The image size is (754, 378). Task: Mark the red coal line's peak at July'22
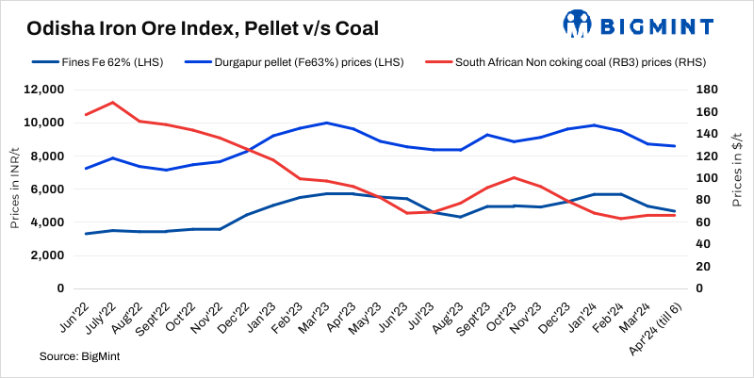tap(113, 102)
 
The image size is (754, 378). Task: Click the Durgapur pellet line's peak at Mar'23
tap(326, 123)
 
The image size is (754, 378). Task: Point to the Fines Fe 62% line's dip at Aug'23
tap(460, 217)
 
